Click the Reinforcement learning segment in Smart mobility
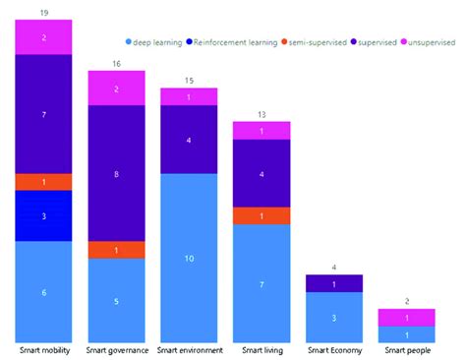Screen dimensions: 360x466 coord(43,215)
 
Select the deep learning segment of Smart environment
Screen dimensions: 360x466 coord(188,258)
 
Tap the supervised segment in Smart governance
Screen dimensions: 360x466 coord(116,173)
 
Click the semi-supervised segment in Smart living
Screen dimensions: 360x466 coord(261,216)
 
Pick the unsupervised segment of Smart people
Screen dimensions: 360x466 coord(406,318)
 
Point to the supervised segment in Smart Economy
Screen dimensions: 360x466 coord(333,284)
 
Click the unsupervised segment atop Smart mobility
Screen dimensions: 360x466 coord(43,37)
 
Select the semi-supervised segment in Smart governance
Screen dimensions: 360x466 coord(116,250)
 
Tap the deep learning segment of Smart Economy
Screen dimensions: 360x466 coord(333,318)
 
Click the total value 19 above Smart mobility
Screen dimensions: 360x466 coord(43,13)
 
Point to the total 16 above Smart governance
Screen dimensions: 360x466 coord(116,63)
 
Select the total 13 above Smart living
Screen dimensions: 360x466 coord(261,114)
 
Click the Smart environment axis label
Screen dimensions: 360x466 coord(188,350)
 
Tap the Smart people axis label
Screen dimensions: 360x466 coord(406,350)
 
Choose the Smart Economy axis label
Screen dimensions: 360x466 coord(333,350)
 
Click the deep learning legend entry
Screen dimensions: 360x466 coord(158,42)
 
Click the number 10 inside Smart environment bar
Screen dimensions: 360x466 coord(188,258)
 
